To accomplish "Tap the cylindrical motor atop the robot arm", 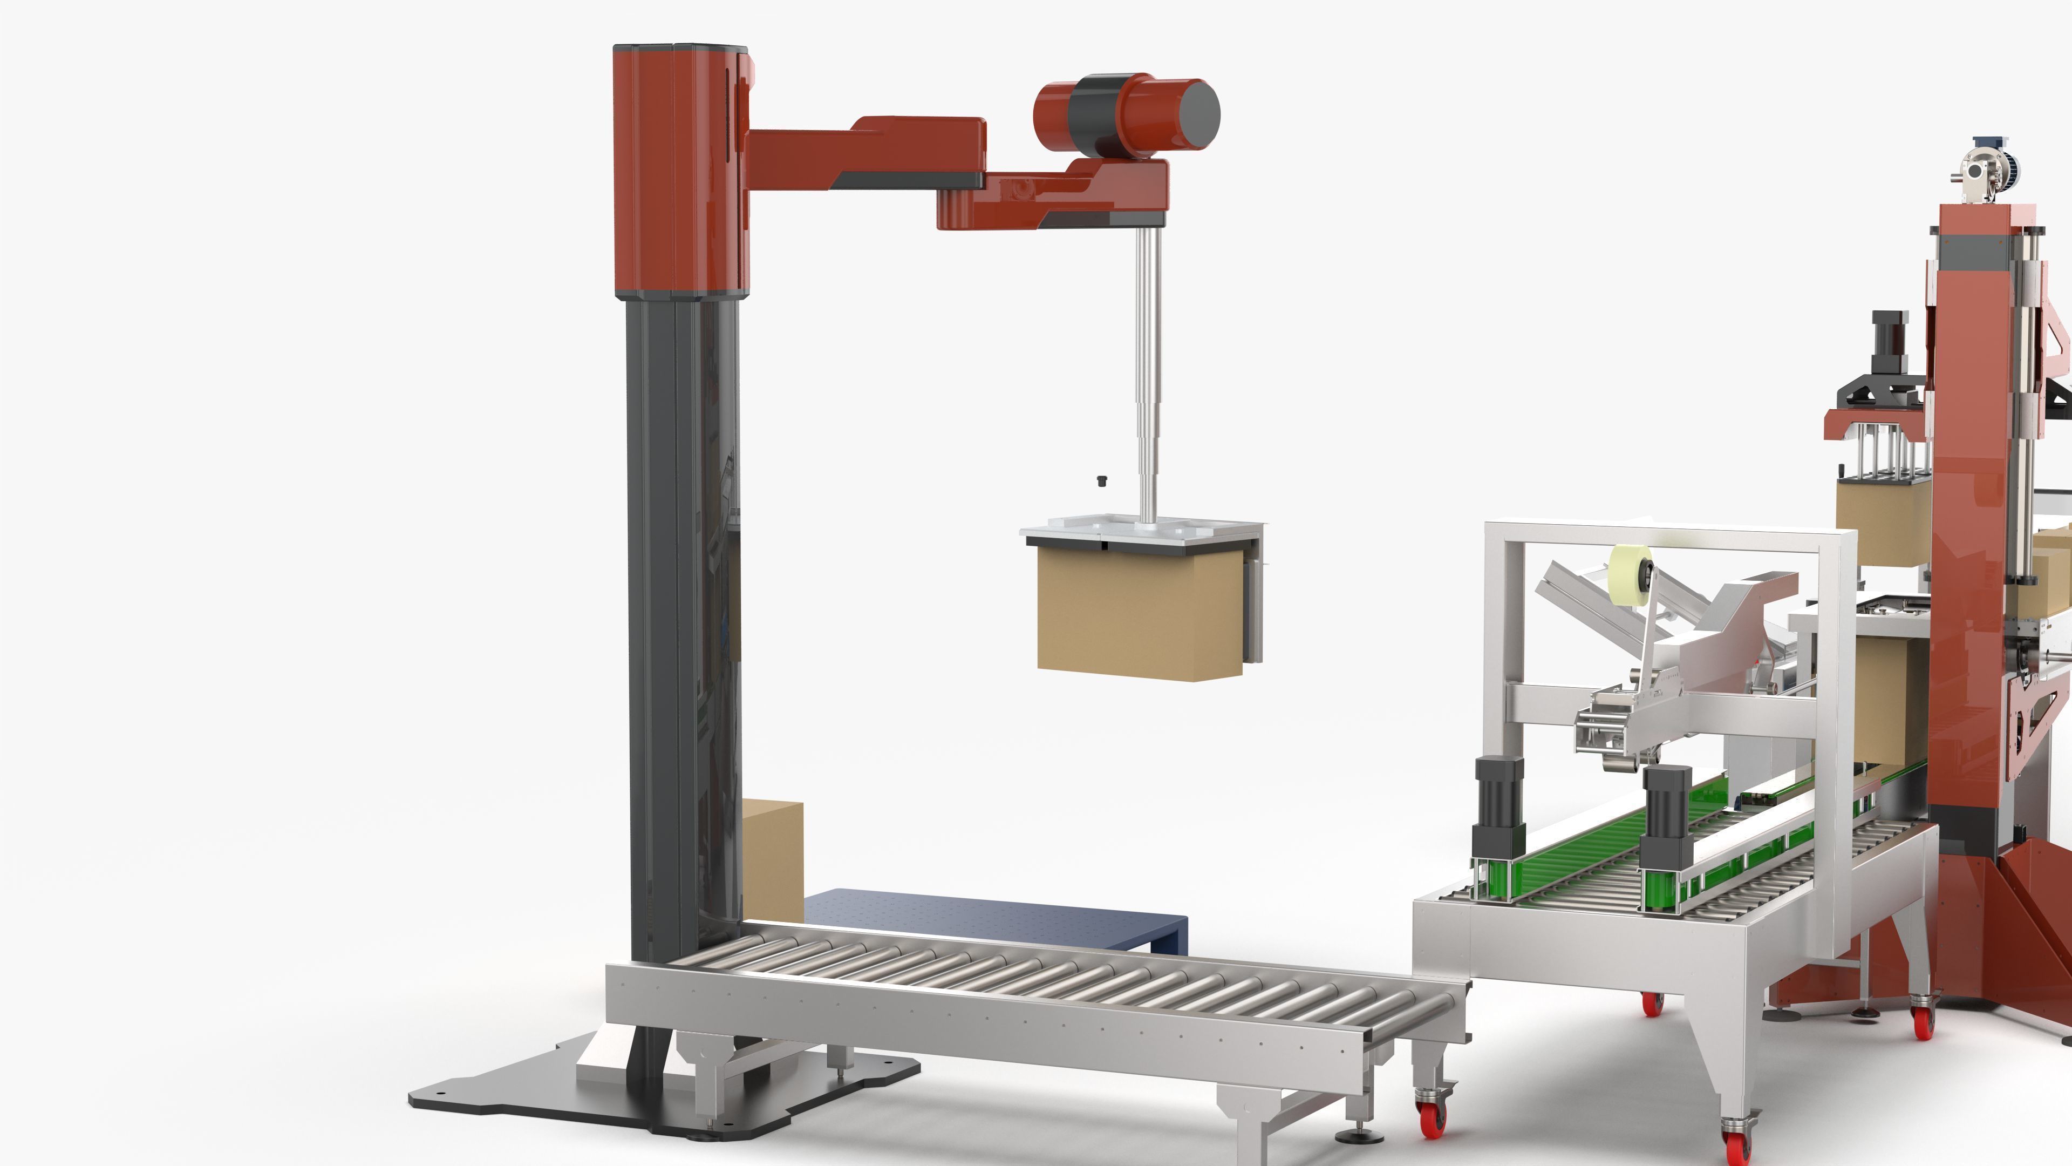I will point(1126,117).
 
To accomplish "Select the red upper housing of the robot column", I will point(680,169).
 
